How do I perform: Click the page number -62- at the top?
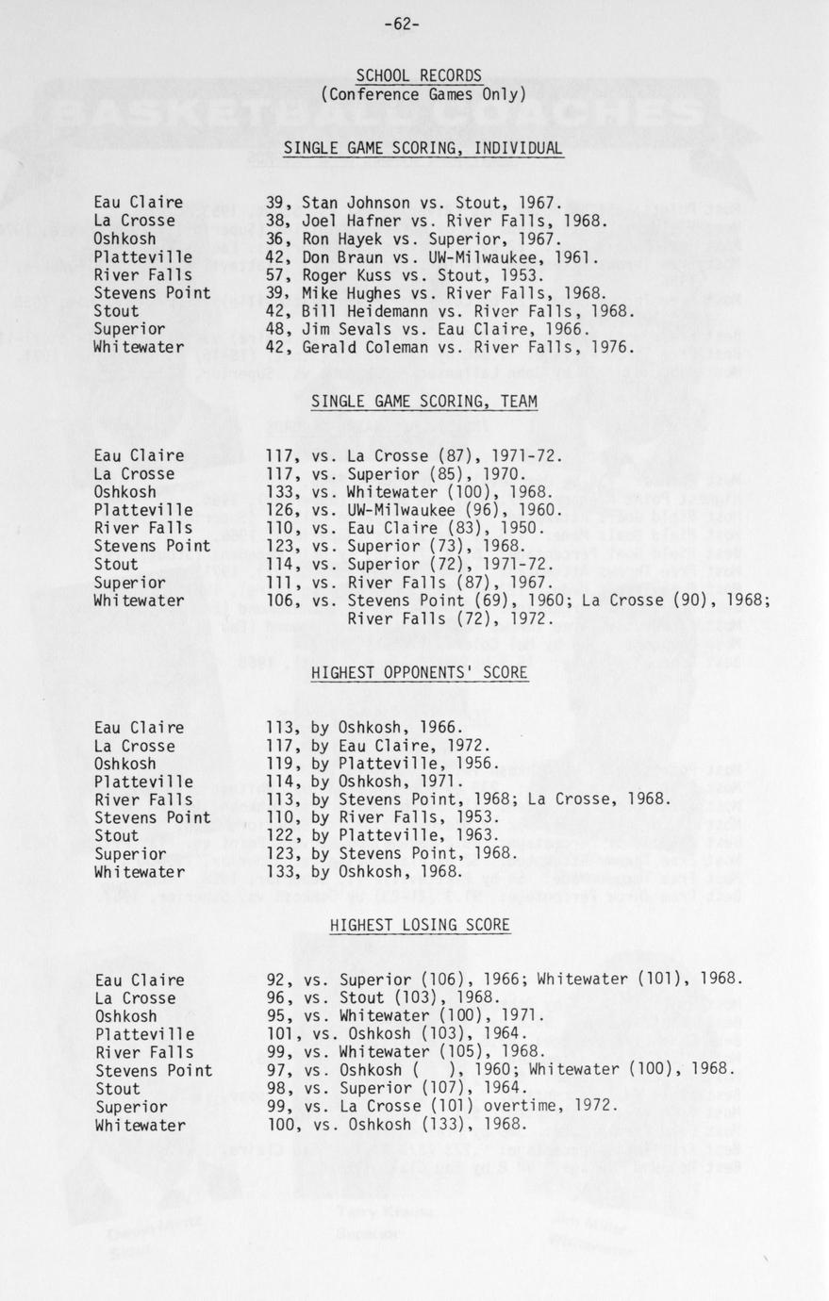point(403,25)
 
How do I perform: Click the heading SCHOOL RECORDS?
point(419,75)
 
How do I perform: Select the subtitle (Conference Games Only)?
point(423,94)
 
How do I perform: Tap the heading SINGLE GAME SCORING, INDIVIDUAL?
point(423,148)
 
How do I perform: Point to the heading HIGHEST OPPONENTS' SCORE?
point(419,672)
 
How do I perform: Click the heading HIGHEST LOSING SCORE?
point(420,926)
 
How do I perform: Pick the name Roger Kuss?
point(346,275)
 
